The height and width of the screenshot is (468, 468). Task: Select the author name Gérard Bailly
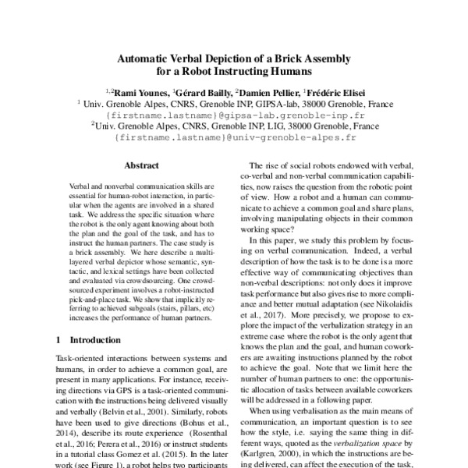(x=204, y=91)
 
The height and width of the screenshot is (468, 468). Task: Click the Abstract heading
(x=141, y=165)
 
